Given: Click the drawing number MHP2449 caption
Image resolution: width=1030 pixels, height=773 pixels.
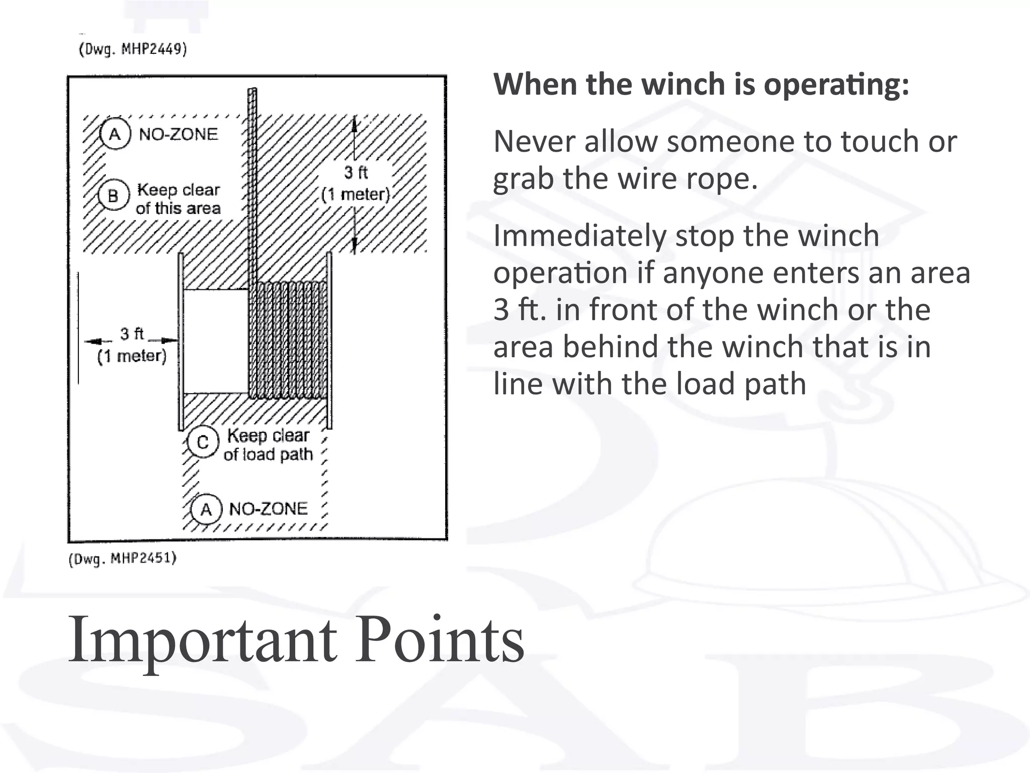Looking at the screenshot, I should coord(133,49).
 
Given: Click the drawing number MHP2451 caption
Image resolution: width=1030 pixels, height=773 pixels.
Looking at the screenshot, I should coord(123,559).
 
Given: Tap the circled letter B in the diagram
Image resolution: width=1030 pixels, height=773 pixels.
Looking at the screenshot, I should coord(113,195).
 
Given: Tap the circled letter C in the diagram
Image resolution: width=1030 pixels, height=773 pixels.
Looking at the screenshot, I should coord(203,442).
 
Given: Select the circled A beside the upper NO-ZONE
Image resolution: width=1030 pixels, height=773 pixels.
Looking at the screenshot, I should coord(115,134).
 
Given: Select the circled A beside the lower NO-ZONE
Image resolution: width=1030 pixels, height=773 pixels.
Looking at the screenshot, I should coord(206,510).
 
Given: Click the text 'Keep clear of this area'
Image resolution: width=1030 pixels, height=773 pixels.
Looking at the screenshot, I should coord(178,199).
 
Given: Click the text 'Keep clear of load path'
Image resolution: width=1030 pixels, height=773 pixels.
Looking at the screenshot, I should coord(268,444).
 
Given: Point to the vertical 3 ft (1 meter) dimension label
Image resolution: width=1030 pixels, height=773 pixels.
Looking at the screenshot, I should coord(356,184).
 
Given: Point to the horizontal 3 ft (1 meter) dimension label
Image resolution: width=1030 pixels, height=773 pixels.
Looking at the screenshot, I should coord(132,345).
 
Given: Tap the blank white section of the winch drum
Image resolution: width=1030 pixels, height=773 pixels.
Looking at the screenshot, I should coord(216,341).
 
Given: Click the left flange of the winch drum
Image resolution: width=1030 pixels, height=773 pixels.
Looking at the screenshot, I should coord(181,342).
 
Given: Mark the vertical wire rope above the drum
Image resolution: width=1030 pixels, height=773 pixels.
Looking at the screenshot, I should coord(252,181).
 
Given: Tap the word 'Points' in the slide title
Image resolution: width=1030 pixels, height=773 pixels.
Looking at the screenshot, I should coord(440,640).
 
